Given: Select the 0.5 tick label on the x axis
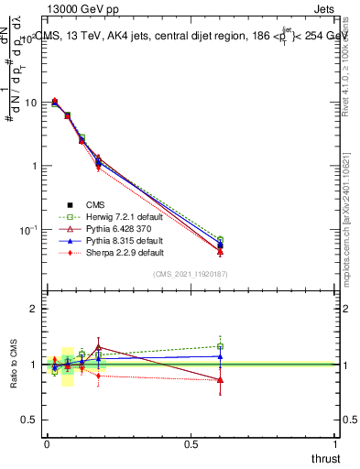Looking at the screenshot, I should (x=192, y=444).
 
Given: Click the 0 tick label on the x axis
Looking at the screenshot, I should (x=48, y=444).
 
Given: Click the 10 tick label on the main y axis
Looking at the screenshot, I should (x=29, y=103).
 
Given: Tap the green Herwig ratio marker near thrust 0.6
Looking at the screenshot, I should (x=220, y=346).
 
